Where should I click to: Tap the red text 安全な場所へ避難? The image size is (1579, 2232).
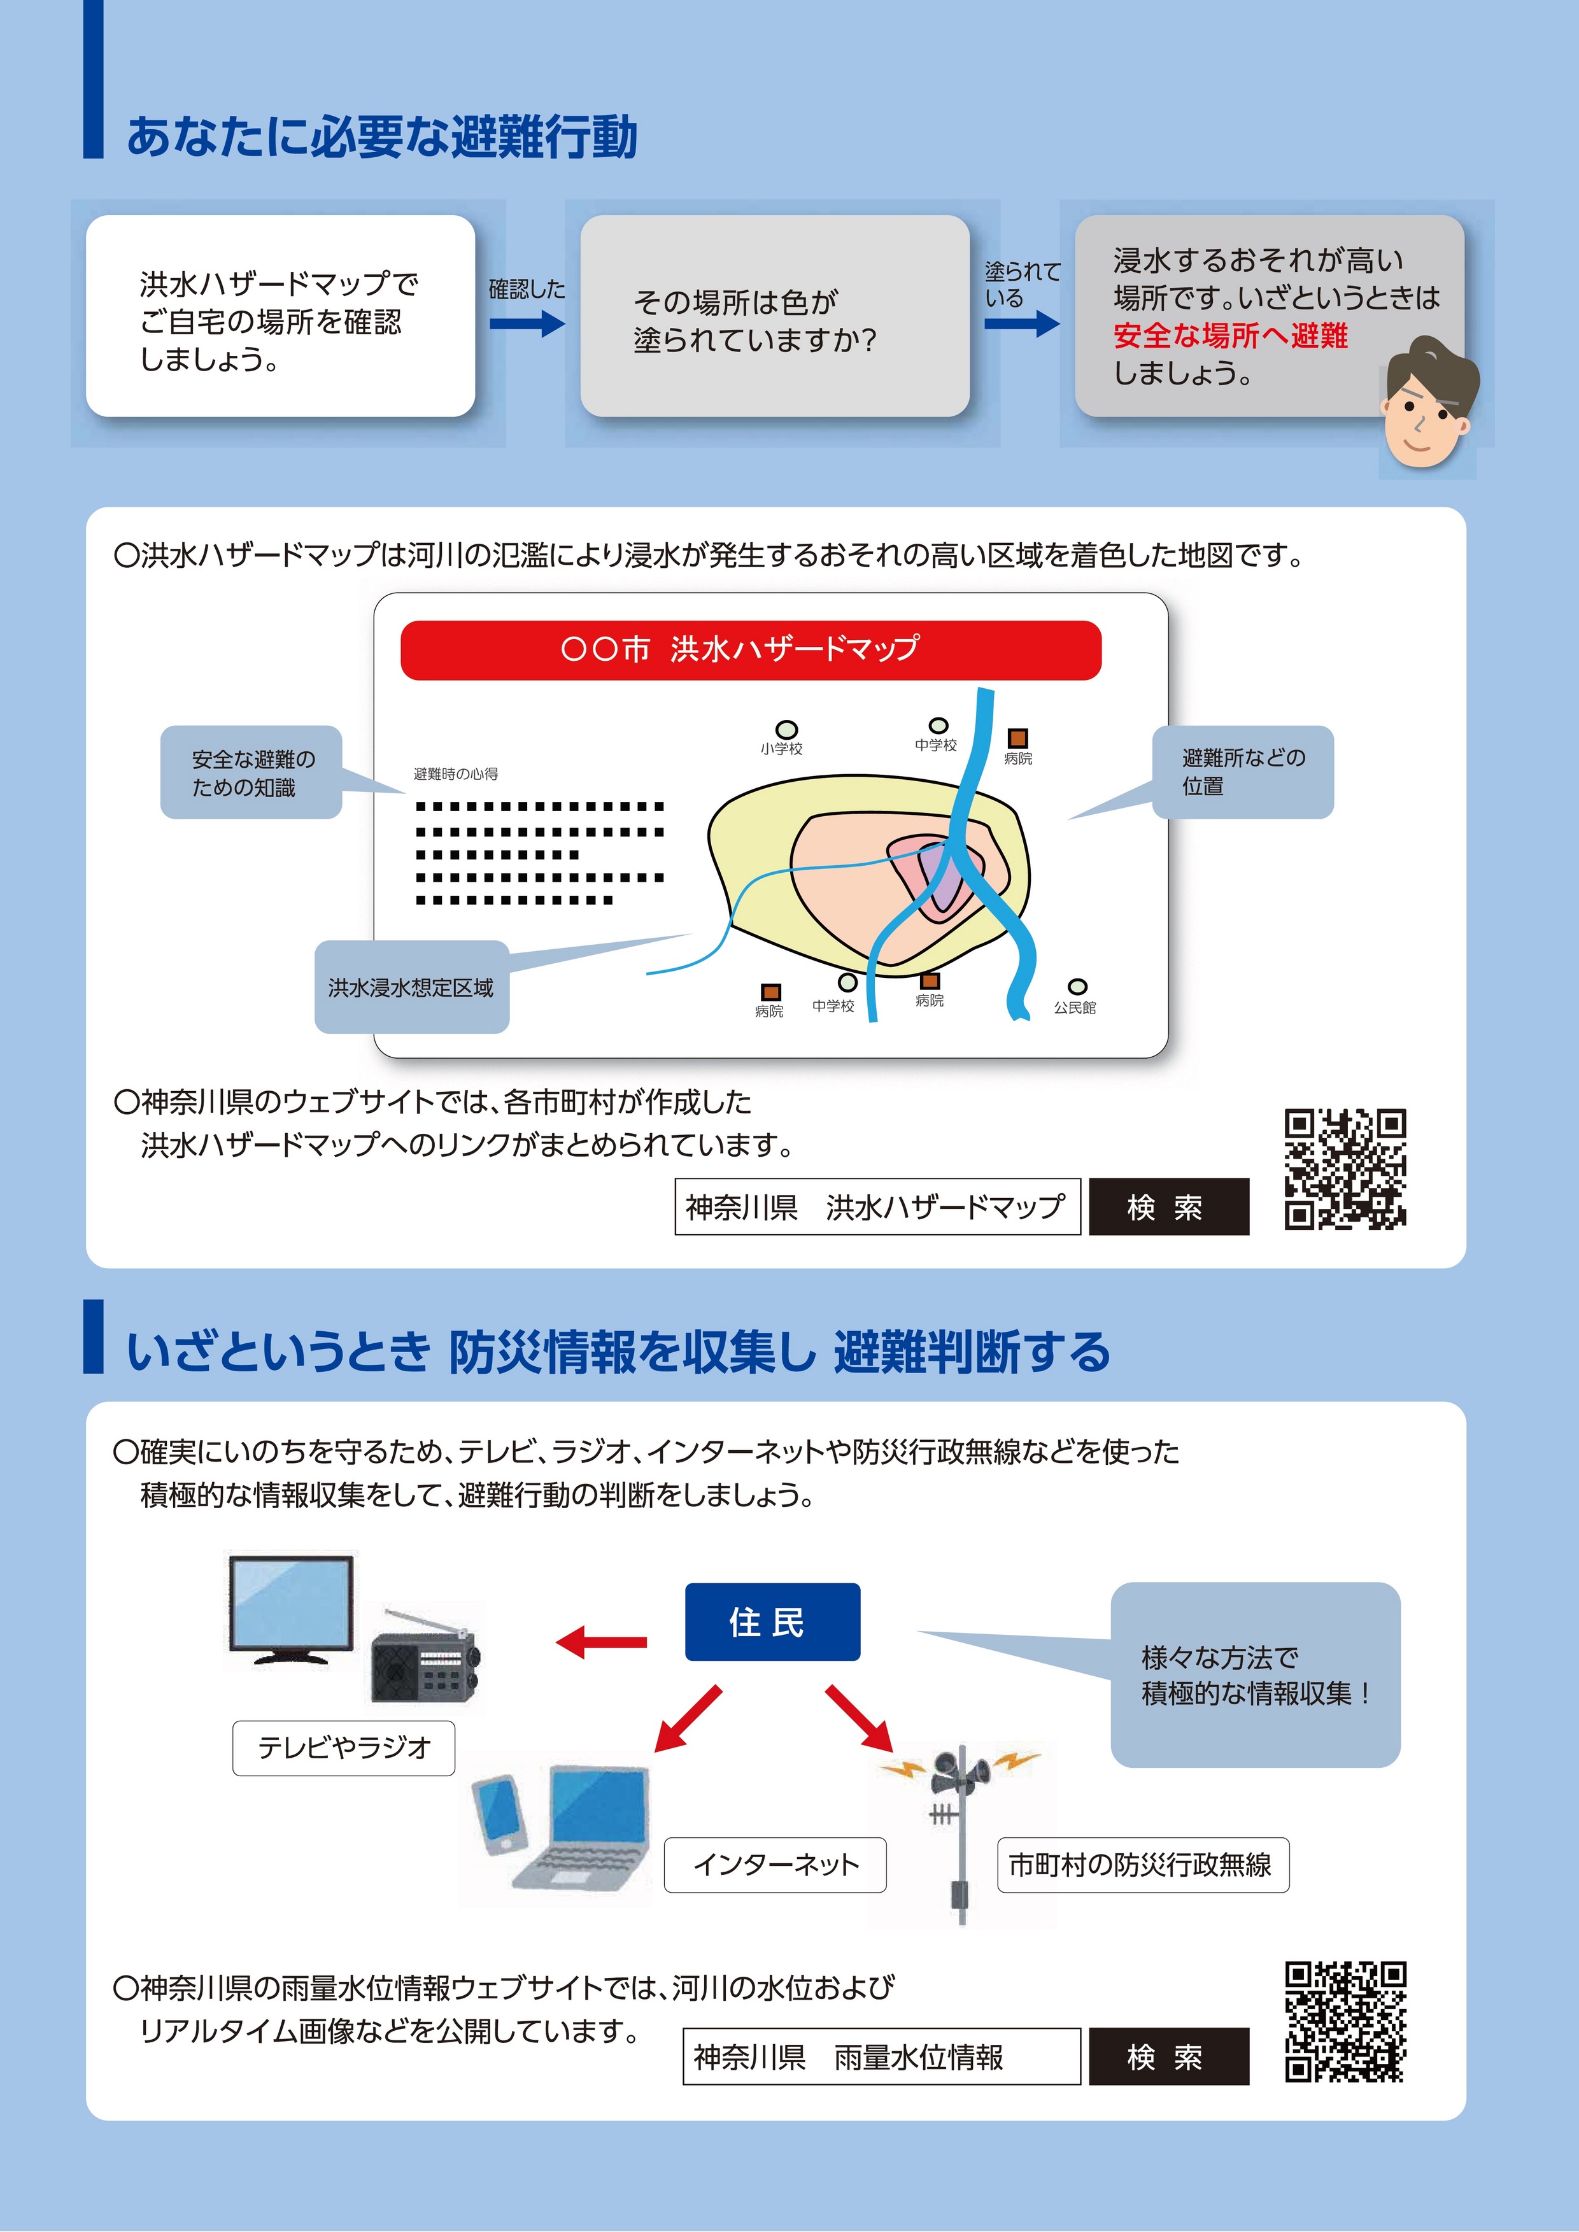tap(1230, 336)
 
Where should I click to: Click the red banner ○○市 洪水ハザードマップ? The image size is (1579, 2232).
tap(751, 649)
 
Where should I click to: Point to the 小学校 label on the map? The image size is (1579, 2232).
tap(782, 749)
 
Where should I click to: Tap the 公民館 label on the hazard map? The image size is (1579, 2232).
tap(1074, 1008)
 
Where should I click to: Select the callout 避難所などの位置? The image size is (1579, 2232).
tap(1243, 772)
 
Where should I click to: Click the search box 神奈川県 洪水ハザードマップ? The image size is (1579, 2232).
tap(877, 1206)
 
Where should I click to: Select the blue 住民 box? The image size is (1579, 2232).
tap(772, 1621)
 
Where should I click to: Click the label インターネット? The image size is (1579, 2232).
tap(775, 1865)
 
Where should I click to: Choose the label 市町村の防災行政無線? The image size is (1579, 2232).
tap(1142, 1865)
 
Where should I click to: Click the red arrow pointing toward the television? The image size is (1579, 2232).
tap(601, 1642)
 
